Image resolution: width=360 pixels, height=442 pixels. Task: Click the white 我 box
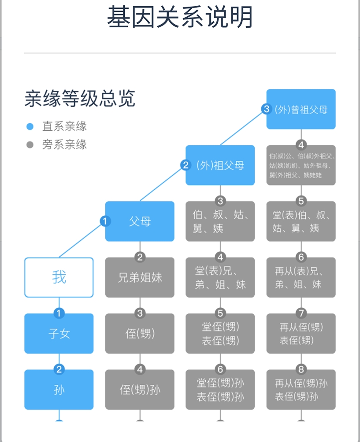(x=59, y=277)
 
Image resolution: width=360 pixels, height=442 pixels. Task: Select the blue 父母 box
(x=140, y=221)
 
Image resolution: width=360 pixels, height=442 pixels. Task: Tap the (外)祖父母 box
(x=220, y=165)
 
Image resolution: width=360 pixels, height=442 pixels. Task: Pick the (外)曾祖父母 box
(x=301, y=109)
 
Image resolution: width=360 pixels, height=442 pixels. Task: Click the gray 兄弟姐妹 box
(x=140, y=277)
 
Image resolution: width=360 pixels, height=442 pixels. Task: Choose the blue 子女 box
(x=59, y=333)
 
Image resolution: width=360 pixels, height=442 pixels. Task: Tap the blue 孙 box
(x=59, y=390)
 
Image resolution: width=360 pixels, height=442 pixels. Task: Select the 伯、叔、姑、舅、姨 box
(x=220, y=221)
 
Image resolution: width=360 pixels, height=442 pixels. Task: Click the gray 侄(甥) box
(x=140, y=333)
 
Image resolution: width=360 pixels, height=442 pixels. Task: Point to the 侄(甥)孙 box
(x=140, y=390)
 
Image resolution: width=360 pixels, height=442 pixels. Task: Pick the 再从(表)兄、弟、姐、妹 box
(x=301, y=277)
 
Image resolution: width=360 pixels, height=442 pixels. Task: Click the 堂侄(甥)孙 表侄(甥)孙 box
(x=220, y=390)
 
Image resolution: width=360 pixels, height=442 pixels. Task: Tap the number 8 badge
(x=301, y=369)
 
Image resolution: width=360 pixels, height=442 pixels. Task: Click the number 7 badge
(x=301, y=313)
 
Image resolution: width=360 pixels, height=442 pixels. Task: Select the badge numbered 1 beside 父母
(x=105, y=221)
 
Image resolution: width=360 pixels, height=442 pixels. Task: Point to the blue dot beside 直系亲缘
(x=30, y=126)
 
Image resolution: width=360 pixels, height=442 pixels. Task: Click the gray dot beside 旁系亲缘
(x=30, y=144)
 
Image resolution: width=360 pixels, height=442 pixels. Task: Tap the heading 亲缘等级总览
(x=80, y=98)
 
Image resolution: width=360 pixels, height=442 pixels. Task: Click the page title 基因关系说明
(x=180, y=17)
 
